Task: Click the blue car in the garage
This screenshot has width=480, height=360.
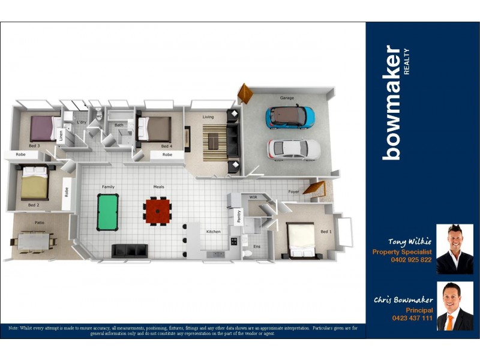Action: click(290, 116)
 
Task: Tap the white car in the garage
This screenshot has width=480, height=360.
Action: click(294, 148)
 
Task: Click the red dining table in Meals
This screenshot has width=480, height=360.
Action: click(158, 211)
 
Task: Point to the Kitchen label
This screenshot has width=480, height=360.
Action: click(213, 232)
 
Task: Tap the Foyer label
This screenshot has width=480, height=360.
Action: click(293, 192)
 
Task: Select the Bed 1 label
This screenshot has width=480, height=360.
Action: click(326, 232)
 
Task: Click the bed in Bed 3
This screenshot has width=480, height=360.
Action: click(43, 128)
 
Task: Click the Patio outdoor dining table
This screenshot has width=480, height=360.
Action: click(33, 241)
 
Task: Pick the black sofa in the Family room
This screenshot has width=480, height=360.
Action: click(129, 250)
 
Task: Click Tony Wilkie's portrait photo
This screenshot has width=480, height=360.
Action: click(454, 249)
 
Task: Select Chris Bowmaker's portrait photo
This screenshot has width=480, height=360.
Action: click(454, 306)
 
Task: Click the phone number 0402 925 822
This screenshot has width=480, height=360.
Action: click(410, 260)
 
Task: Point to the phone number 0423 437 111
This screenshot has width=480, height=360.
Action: click(412, 318)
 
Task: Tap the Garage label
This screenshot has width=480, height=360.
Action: click(287, 98)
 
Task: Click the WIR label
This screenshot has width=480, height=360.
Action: click(253, 197)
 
